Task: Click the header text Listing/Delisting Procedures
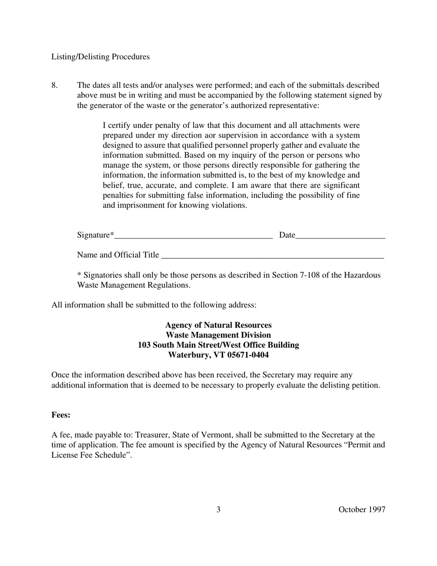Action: [x=100, y=57]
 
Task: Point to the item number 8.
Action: [x=54, y=85]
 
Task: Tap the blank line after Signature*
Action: [x=193, y=236]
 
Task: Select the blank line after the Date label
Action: [x=340, y=236]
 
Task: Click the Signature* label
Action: [x=95, y=235]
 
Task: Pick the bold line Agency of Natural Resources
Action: [x=218, y=325]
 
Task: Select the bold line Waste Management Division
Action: [x=218, y=335]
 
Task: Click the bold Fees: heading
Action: [x=61, y=415]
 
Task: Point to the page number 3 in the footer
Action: [x=218, y=509]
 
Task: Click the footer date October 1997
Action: [x=362, y=509]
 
